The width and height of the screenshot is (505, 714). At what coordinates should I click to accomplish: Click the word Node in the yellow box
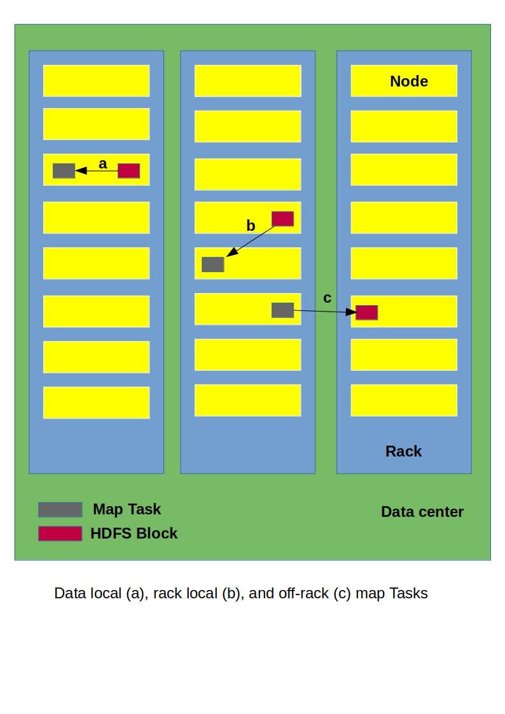click(408, 81)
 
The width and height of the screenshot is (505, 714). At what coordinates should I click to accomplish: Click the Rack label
click(403, 451)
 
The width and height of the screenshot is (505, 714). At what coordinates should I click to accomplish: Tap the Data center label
click(422, 512)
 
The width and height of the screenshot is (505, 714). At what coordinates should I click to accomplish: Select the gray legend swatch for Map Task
click(60, 510)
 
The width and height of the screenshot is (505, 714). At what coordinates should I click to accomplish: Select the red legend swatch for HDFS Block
click(60, 533)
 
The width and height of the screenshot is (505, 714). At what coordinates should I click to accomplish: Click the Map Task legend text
click(127, 509)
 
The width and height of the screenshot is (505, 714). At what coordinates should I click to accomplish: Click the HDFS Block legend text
click(134, 533)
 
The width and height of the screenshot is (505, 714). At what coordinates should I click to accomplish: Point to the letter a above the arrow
click(103, 164)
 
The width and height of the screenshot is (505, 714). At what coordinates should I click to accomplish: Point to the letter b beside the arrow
click(251, 226)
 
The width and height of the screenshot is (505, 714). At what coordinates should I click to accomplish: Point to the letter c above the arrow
click(327, 298)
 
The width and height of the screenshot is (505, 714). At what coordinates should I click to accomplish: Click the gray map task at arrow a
click(64, 170)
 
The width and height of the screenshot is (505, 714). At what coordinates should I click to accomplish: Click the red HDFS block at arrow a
click(128, 170)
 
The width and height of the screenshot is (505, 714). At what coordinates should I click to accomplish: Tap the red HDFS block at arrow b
click(282, 219)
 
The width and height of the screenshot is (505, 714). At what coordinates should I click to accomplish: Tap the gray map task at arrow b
click(212, 264)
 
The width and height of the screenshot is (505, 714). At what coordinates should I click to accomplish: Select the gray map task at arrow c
click(282, 310)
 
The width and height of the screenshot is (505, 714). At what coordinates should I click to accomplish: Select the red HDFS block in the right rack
click(366, 312)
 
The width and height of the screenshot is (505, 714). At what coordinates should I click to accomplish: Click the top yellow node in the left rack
click(96, 81)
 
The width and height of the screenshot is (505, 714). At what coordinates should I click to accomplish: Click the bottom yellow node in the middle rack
click(247, 400)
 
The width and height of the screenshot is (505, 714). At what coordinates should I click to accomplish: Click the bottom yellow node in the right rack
click(404, 400)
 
